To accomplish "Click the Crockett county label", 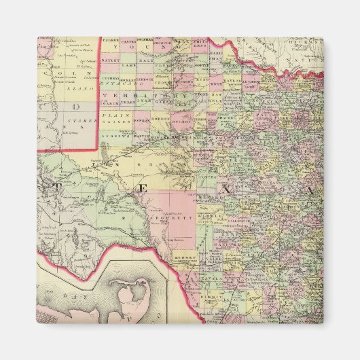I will tap(179, 219).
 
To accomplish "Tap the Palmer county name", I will tap(110, 41).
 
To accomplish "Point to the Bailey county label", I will tap(110, 60).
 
